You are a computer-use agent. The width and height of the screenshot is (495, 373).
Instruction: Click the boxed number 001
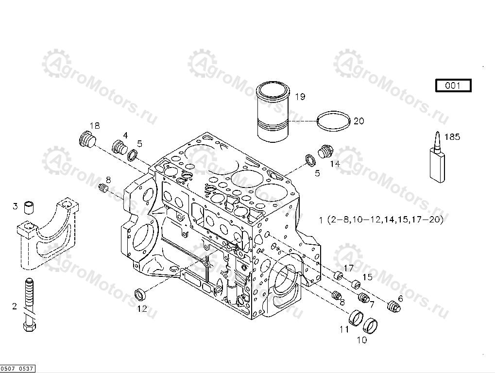pyautogui.click(x=453, y=85)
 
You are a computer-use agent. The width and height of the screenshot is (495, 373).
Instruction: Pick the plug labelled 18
pyautogui.click(x=86, y=139)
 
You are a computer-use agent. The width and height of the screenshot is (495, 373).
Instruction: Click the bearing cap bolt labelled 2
pyautogui.click(x=29, y=305)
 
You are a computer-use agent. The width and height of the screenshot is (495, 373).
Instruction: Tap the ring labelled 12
pyautogui.click(x=140, y=294)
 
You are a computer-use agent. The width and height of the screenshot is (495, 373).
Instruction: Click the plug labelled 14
pyautogui.click(x=324, y=152)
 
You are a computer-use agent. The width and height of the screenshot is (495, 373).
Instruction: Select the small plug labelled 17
pyautogui.click(x=339, y=275)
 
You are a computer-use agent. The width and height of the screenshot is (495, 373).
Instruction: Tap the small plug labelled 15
pyautogui.click(x=357, y=284)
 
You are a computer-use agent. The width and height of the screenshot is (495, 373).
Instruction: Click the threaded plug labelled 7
pyautogui.click(x=363, y=297)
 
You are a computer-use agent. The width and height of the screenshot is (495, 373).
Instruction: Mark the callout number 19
pyautogui.click(x=300, y=97)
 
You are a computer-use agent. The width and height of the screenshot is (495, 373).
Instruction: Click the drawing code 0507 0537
pyautogui.click(x=17, y=368)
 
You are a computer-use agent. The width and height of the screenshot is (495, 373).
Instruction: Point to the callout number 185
pyautogui.click(x=452, y=137)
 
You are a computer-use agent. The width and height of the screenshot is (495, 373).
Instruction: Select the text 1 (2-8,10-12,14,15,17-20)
pyautogui.click(x=381, y=220)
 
